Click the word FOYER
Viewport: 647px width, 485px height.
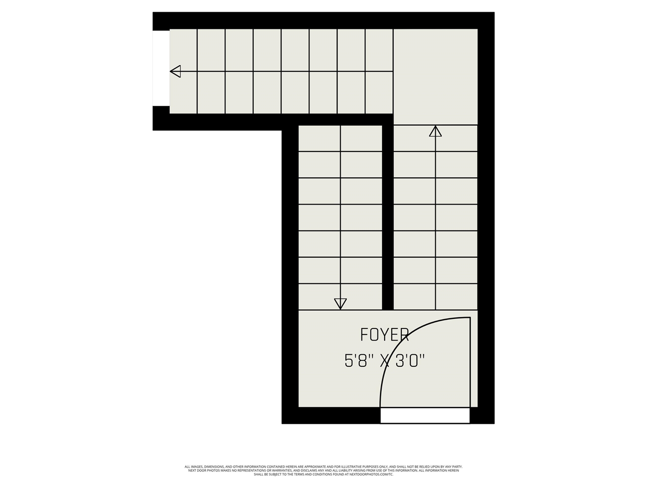pos(384,334)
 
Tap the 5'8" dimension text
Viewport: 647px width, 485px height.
pos(359,361)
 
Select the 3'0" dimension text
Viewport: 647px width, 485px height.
pos(409,361)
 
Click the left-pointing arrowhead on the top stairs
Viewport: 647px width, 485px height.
pos(175,71)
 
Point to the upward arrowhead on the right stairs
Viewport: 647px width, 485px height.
pos(435,131)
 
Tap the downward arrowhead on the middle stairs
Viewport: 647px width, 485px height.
pos(340,304)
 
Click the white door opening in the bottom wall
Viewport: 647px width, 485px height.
pos(425,415)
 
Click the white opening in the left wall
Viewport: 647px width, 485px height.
pos(161,68)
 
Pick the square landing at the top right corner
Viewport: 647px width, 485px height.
pos(435,76)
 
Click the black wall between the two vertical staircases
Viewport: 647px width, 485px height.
pos(388,217)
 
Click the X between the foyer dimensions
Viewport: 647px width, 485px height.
pos(385,361)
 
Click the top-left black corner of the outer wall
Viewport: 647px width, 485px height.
pos(161,21)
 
